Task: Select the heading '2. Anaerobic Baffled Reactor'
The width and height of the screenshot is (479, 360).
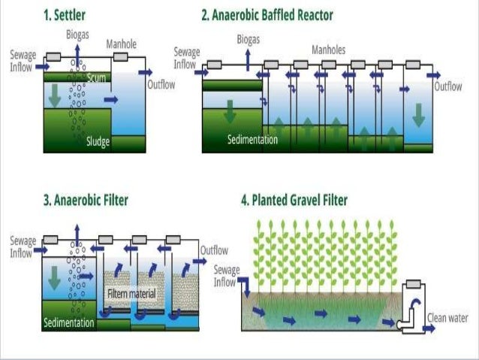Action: [x=267, y=15]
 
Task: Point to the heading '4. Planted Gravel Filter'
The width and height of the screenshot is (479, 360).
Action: [x=294, y=200]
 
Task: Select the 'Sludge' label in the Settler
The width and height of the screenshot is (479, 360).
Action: [x=98, y=141]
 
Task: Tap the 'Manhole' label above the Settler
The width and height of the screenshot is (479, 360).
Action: [x=122, y=44]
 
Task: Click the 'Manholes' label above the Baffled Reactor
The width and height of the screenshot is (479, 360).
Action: [x=330, y=50]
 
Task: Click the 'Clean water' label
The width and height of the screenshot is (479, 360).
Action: [x=447, y=318]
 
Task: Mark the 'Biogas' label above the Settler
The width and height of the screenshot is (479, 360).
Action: [x=77, y=35]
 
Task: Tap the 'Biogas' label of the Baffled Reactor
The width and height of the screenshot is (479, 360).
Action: [x=249, y=38]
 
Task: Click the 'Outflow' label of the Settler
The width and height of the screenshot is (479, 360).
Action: [x=161, y=84]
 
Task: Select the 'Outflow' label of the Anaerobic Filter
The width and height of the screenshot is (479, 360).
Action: [x=214, y=250]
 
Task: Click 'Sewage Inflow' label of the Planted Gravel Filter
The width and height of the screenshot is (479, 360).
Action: [x=227, y=275]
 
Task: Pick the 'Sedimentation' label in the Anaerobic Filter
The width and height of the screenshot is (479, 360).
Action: [x=69, y=323]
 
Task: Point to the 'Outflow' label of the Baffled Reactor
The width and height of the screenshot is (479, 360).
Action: [x=448, y=86]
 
